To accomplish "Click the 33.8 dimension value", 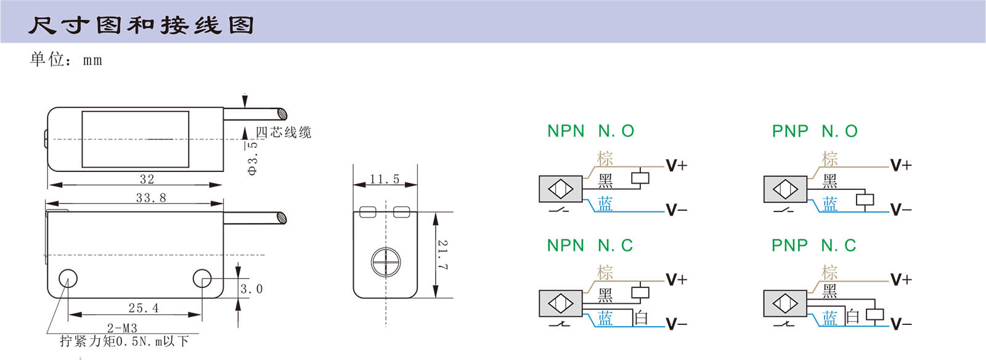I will click(151, 198).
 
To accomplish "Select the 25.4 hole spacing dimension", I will click(144, 308).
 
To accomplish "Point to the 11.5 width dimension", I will click(385, 179).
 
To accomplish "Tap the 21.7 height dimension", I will click(442, 255).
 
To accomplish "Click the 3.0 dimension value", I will click(251, 289).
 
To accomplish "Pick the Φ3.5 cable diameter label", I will click(252, 158).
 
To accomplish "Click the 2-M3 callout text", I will click(122, 328).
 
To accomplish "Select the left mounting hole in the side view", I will click(68, 279).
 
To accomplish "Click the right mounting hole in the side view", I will click(202, 279).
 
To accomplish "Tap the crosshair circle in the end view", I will click(385, 261).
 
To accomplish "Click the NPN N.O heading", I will click(590, 131).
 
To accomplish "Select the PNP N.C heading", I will click(814, 245).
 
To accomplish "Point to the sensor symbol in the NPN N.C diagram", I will click(560, 303).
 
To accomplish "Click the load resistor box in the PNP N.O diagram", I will click(865, 200).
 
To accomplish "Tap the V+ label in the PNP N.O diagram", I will click(900, 165).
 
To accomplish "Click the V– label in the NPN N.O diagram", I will click(676, 210).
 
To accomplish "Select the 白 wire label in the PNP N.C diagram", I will click(852, 317).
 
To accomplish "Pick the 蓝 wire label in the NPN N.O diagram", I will click(605, 204).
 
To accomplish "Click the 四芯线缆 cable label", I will click(283, 133).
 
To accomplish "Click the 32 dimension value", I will click(147, 179).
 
